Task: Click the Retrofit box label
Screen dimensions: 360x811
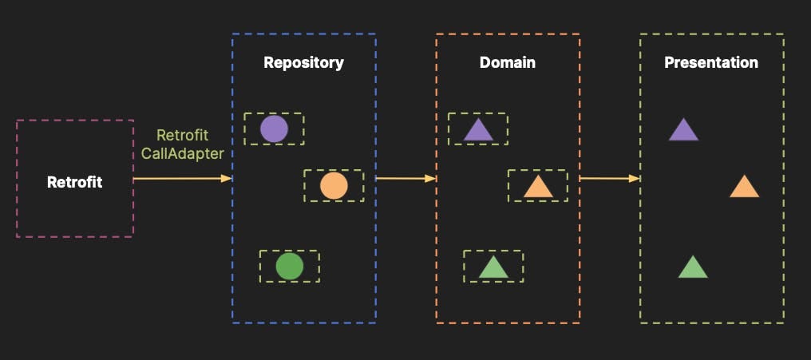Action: pyautogui.click(x=75, y=182)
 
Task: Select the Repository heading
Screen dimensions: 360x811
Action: pyautogui.click(x=303, y=62)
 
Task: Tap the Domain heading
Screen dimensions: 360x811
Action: pyautogui.click(x=507, y=62)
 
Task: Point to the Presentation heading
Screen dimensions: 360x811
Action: pyautogui.click(x=711, y=62)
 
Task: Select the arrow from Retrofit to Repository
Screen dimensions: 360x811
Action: pyautogui.click(x=182, y=179)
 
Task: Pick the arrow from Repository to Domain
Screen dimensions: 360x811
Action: pyautogui.click(x=405, y=179)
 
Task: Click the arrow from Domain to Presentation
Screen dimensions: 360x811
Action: pyautogui.click(x=609, y=179)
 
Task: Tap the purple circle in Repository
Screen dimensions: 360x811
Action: pyautogui.click(x=274, y=129)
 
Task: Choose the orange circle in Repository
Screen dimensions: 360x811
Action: pyautogui.click(x=334, y=186)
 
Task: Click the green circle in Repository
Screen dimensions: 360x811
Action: pyautogui.click(x=289, y=266)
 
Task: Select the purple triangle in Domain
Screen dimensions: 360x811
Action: pyautogui.click(x=478, y=131)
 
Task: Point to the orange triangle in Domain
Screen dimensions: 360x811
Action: pyautogui.click(x=538, y=188)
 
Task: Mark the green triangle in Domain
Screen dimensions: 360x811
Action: pyautogui.click(x=493, y=268)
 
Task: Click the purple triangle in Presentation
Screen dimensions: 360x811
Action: pyautogui.click(x=683, y=131)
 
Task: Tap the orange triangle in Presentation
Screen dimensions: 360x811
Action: pyautogui.click(x=744, y=188)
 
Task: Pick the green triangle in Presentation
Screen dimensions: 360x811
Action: pyautogui.click(x=693, y=268)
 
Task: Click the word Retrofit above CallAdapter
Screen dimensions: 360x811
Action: pyautogui.click(x=182, y=135)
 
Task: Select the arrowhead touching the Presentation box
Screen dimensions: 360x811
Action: pyautogui.click(x=635, y=179)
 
